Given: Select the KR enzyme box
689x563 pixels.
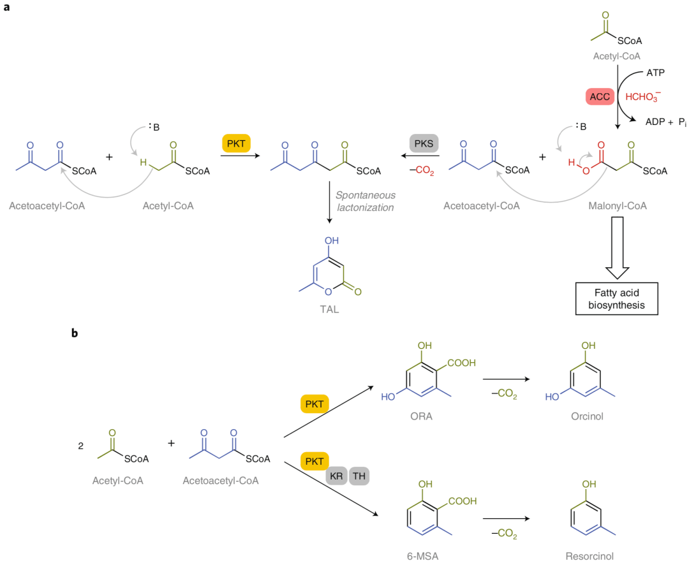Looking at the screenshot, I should (x=336, y=475).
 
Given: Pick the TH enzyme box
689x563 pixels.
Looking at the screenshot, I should (x=359, y=475).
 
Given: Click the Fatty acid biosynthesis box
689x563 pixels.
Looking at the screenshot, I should (x=616, y=298).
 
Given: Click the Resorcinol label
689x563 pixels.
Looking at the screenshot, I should (x=589, y=555).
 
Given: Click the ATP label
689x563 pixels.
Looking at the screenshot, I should (x=655, y=73).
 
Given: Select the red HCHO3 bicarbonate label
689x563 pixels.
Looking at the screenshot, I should (x=643, y=98).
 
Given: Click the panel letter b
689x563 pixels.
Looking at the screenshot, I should (x=75, y=333).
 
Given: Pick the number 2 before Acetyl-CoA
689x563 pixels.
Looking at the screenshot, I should (x=80, y=446).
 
